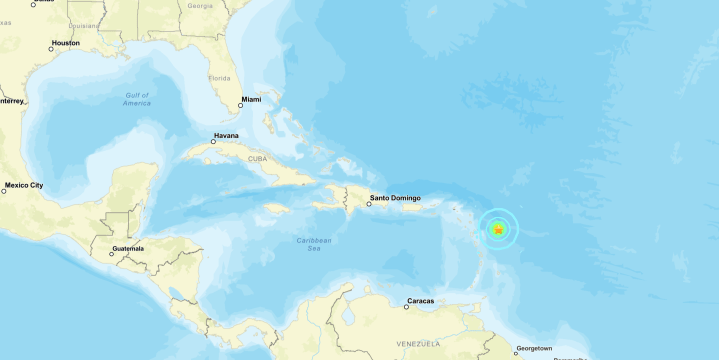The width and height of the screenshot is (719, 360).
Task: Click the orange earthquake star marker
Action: point(498,230)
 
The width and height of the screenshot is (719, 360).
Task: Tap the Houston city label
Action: point(65,43)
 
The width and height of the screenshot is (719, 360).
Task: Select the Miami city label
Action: point(250,99)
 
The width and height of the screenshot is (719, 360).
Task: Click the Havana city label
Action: point(226,136)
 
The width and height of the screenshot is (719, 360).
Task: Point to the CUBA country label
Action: point(257,158)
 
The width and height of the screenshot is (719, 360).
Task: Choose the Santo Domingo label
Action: point(395,198)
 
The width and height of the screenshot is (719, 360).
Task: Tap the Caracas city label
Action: point(420,301)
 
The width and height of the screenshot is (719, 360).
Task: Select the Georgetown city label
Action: point(533,348)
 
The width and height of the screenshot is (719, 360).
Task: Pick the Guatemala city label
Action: point(127,248)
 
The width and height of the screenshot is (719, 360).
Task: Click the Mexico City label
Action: point(24,185)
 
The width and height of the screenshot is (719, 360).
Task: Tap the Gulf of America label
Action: point(137,99)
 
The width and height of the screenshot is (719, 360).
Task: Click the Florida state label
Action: point(218,78)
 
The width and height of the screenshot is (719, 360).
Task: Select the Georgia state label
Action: point(200,5)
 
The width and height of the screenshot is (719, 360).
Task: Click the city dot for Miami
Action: point(240,105)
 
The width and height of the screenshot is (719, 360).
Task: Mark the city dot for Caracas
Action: point(406,307)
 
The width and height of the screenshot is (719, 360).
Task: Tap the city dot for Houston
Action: point(51,48)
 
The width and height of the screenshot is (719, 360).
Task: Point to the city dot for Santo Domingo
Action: point(369,204)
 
